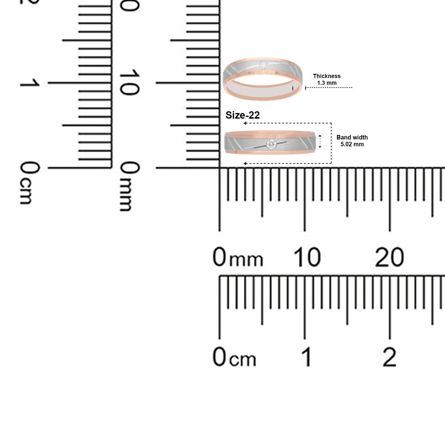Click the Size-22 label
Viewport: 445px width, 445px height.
tap(243, 115)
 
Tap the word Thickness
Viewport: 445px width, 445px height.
tap(326, 76)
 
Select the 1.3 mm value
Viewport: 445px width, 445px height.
tap(326, 83)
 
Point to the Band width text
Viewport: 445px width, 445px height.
tap(352, 137)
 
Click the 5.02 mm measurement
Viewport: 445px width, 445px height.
tap(352, 144)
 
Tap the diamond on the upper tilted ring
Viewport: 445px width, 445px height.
tap(264, 65)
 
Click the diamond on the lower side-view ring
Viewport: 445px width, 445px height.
tap(271, 145)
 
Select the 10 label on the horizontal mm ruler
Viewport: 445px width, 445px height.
tap(307, 257)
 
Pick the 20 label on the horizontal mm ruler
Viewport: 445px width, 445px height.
tap(389, 257)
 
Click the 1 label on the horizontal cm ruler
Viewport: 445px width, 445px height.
tap(307, 357)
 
